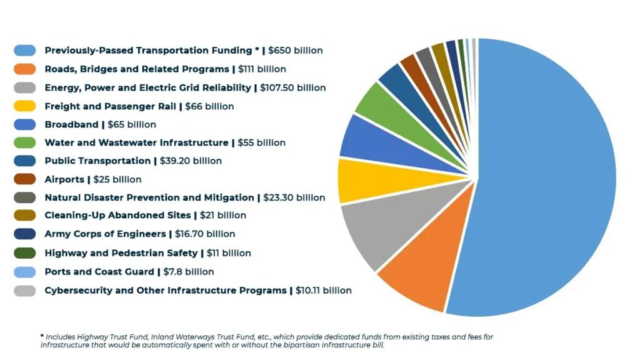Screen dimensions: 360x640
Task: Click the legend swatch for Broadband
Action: click(24, 124)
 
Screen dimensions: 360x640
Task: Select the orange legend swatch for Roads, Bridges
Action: click(24, 69)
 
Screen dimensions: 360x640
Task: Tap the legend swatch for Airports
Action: click(24, 179)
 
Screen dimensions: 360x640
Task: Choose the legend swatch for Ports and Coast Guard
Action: click(24, 272)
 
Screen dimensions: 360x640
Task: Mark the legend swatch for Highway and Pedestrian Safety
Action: click(24, 253)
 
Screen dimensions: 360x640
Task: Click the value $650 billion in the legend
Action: click(296, 51)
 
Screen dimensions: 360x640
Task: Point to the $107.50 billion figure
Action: click(292, 87)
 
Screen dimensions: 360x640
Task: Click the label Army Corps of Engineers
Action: click(105, 234)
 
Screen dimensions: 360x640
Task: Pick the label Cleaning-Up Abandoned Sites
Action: click(117, 216)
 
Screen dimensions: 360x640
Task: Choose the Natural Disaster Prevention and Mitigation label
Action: click(149, 197)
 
